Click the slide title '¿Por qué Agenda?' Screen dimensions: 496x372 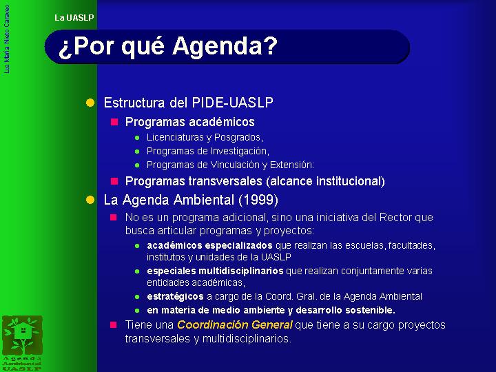[x=167, y=47]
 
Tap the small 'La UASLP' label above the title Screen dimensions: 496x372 [x=74, y=18]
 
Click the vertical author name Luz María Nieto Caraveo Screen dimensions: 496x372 [x=7, y=39]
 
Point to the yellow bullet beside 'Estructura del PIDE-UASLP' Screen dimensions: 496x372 [x=90, y=103]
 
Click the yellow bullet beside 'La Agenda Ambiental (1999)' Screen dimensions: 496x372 [x=90, y=200]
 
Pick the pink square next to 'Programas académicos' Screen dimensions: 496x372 [x=114, y=122]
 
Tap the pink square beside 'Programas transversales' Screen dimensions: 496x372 [x=114, y=181]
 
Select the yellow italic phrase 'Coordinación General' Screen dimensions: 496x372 [x=234, y=325]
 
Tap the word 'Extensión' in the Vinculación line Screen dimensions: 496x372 [x=291, y=165]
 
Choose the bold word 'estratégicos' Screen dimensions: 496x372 [x=175, y=297]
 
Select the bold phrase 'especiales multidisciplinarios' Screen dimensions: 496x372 [x=215, y=271]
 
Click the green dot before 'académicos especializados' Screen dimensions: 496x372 [x=137, y=246]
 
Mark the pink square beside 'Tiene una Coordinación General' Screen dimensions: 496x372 [x=114, y=325]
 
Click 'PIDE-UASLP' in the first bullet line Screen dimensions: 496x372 [x=233, y=103]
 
